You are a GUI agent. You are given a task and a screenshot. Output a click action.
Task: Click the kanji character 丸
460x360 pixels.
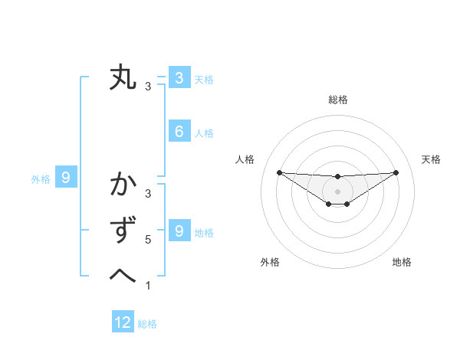coord(123,79)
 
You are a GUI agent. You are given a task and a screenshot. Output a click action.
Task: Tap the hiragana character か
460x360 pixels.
coord(123,186)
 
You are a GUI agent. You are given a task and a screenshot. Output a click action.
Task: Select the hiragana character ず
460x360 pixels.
coord(123,231)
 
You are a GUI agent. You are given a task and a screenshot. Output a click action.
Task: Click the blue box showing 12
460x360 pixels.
coord(123,322)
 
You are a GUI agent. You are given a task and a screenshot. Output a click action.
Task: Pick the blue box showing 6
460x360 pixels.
coord(179,132)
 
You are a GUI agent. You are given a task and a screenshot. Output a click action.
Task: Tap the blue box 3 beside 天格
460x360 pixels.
coord(179,77)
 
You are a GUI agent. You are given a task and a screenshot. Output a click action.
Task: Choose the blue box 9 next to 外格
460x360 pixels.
coord(66,178)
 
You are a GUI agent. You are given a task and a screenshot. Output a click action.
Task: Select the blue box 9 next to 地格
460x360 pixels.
coord(179,231)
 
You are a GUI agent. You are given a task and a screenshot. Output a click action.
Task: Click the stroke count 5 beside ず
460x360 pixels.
coord(148,240)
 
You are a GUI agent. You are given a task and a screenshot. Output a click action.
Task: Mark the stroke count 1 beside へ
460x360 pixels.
coord(148,286)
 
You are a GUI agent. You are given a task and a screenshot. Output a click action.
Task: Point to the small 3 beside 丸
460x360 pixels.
coord(148,87)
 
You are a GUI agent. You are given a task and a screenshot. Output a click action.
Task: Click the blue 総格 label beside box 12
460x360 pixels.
coord(147,324)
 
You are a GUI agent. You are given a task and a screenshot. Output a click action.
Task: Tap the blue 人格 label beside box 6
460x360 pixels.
coord(204,133)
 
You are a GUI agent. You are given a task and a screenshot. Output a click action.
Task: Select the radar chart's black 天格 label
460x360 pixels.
coord(431,159)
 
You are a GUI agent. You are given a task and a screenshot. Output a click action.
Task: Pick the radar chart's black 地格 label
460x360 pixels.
coord(402,262)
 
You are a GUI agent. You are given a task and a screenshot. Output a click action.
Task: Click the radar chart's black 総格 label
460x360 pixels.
coord(337,100)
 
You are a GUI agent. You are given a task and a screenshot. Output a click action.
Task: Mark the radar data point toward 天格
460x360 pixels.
coord(396,172)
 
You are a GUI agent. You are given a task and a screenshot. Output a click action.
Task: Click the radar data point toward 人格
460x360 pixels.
coord(279,172)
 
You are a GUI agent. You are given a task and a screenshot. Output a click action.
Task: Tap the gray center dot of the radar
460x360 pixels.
coord(337,191)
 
